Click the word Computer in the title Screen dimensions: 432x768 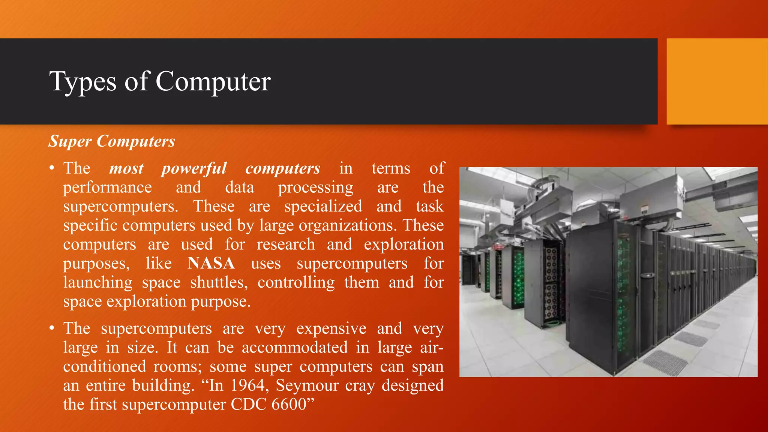pos(213,81)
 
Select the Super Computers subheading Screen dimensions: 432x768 pos(112,141)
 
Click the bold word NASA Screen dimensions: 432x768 pos(211,263)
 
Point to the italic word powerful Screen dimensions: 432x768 pos(194,168)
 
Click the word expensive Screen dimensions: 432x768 pos(331,328)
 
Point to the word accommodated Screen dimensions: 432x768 pos(295,348)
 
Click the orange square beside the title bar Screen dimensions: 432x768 pos(717,81)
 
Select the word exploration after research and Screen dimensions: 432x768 pos(403,244)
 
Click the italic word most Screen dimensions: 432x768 pos(126,168)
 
